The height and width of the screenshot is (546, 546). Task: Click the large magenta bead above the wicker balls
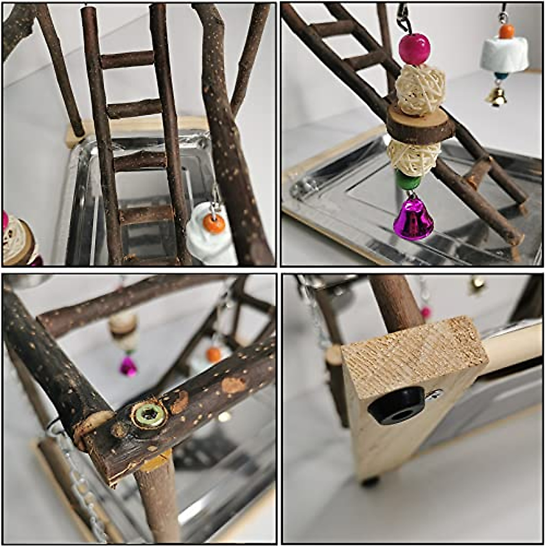click(414, 48)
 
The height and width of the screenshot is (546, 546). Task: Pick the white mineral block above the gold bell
click(504, 55)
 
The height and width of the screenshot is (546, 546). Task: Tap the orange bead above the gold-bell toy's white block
click(506, 31)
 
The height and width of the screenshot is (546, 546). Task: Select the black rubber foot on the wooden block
click(396, 405)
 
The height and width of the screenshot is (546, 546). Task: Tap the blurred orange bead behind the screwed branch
click(213, 354)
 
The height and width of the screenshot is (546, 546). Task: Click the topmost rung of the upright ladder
click(127, 60)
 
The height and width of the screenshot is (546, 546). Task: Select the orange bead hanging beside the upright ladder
click(214, 223)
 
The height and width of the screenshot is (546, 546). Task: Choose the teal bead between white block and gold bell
click(501, 76)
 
